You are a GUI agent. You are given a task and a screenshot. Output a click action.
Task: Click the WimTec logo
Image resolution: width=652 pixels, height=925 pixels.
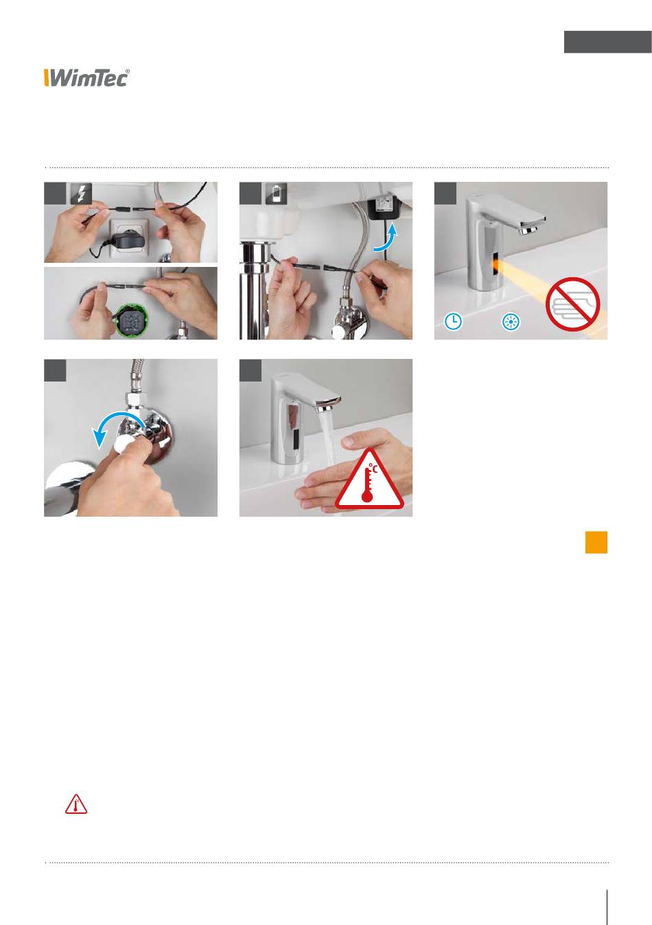[86, 78]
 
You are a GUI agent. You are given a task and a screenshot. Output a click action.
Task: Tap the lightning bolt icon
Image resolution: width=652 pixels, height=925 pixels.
[82, 194]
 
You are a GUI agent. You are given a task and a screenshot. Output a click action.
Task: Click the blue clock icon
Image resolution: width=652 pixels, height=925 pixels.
[453, 321]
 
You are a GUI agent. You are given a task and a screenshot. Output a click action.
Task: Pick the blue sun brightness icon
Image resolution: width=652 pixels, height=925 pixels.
[511, 322]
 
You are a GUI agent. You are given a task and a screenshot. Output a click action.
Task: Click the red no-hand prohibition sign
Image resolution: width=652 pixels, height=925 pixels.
[572, 303]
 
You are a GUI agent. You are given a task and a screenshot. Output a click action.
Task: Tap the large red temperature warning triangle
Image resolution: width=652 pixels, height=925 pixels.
[369, 480]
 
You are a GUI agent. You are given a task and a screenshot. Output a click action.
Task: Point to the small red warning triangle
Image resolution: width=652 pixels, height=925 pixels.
[76, 804]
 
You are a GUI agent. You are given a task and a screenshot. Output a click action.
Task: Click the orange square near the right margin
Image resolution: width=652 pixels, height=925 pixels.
[596, 542]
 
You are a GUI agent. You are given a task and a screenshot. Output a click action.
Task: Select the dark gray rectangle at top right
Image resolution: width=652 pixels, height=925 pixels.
[608, 42]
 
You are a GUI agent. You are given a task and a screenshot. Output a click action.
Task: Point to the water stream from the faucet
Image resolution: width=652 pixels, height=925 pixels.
[327, 438]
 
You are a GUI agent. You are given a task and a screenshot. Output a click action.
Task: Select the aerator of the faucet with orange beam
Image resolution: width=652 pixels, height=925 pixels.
[528, 231]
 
